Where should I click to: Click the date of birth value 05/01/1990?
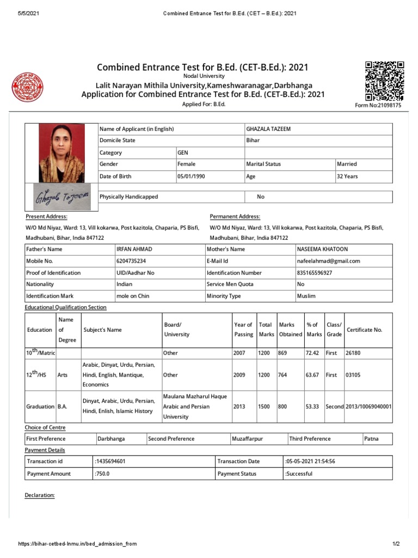pos(192,177)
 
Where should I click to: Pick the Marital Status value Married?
pos(347,164)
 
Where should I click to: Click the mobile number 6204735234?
pos(131,261)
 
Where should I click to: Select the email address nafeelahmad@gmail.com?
pos(329,261)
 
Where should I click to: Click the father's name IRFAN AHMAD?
pos(134,249)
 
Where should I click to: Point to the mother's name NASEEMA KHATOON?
pos(322,249)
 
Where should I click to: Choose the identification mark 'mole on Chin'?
pos(133,296)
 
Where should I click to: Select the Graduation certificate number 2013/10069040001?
pos(368,407)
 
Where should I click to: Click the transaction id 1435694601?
pos(110,462)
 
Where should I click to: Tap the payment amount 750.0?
pos(102,474)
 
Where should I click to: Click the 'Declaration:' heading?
pos(40,495)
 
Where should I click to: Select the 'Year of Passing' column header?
pos(243,330)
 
